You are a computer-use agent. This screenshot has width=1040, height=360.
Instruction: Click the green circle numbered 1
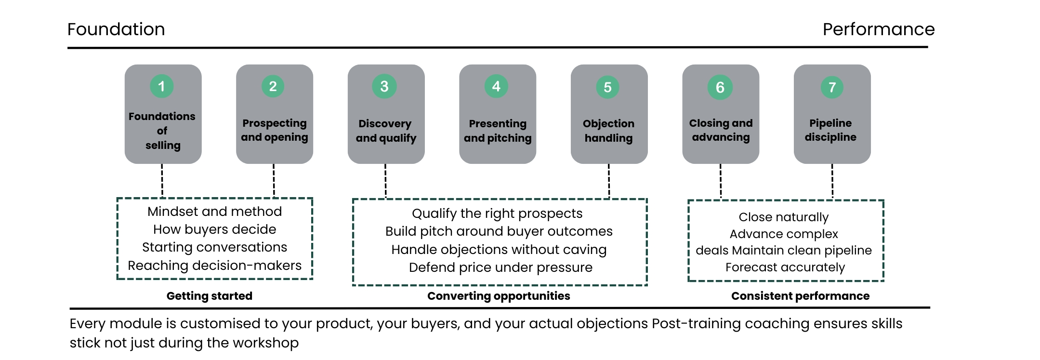(x=162, y=86)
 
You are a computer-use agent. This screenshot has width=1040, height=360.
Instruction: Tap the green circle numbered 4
(x=496, y=86)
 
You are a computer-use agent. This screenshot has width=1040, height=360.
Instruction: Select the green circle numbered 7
(x=832, y=87)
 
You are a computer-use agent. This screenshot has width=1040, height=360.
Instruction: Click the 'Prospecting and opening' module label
(x=275, y=130)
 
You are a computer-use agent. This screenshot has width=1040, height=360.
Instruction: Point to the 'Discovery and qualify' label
(x=386, y=131)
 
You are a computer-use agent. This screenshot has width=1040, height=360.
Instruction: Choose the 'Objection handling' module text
(x=609, y=131)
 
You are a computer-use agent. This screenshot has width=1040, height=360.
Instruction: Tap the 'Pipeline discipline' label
(x=830, y=130)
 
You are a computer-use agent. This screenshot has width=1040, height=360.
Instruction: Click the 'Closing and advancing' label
(x=721, y=130)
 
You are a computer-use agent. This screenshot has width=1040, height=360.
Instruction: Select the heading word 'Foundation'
(x=116, y=29)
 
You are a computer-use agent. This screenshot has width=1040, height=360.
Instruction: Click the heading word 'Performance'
(x=879, y=29)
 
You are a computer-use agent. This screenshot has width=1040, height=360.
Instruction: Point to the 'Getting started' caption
(x=210, y=296)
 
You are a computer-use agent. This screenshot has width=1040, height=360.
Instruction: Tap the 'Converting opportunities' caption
(x=499, y=296)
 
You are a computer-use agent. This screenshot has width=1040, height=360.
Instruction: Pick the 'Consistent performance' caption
(x=800, y=296)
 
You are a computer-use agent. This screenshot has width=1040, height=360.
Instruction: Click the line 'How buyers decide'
(x=215, y=229)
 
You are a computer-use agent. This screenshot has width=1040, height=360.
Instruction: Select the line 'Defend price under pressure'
(x=500, y=267)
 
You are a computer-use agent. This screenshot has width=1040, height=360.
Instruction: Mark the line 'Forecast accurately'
(x=785, y=267)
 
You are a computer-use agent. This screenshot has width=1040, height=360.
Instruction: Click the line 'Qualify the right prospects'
(x=497, y=213)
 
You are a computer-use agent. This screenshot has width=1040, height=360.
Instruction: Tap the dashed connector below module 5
(x=609, y=181)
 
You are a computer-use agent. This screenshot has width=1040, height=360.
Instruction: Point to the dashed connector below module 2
(x=274, y=181)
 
